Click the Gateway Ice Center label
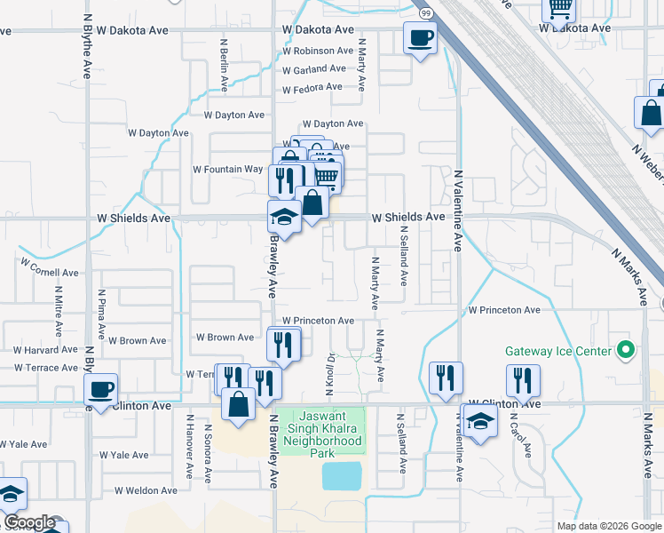click(558, 351)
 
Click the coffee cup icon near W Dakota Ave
click(420, 38)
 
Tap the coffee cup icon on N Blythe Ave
click(100, 388)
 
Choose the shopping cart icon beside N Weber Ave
click(559, 8)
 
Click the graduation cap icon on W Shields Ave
click(284, 216)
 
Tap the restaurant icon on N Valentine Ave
click(446, 378)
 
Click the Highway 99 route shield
click(426, 13)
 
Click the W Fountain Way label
click(228, 169)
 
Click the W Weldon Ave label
click(146, 490)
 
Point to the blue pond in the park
click(342, 476)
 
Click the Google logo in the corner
click(28, 521)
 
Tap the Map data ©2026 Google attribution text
click(609, 526)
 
